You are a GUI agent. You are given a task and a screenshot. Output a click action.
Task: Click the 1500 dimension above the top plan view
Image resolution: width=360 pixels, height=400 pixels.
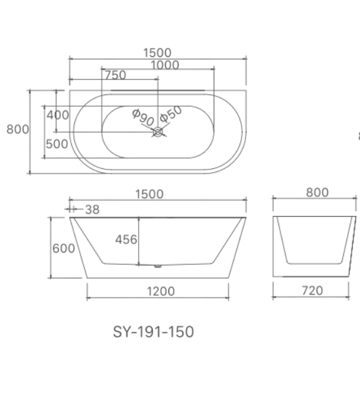tap(157, 52)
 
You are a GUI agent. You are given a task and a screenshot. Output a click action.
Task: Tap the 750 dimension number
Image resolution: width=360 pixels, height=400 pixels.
tap(115, 75)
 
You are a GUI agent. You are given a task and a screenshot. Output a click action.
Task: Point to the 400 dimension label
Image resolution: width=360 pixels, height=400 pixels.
tap(58, 115)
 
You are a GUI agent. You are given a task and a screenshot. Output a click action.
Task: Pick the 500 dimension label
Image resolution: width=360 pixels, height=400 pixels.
tap(57, 144)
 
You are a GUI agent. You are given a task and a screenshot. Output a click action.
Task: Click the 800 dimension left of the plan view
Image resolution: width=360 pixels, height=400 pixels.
tap(17, 129)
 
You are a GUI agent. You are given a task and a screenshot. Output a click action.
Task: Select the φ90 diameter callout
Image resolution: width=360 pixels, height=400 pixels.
tap(142, 117)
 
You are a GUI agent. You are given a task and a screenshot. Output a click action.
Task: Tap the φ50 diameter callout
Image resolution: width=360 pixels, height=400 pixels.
tap(171, 113)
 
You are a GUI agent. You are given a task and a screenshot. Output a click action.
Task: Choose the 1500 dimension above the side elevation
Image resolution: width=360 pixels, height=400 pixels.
tap(150, 194)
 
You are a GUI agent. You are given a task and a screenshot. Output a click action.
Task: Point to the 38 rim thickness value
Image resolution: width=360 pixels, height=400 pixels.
tap(92, 210)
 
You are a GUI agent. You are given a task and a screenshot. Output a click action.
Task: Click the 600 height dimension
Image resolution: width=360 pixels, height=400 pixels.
tap(63, 249)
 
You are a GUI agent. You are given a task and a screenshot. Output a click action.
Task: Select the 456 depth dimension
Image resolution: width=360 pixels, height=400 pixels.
tap(126, 239)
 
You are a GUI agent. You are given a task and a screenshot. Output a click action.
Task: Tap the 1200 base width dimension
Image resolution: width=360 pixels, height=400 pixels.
tap(160, 291)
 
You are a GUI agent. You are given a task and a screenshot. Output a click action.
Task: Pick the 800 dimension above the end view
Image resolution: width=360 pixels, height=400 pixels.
tap(317, 192)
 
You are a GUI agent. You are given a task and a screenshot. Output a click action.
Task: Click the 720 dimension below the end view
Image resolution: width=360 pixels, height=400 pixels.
tap(313, 291)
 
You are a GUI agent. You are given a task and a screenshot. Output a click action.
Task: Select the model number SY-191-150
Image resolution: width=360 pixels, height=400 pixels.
tap(153, 332)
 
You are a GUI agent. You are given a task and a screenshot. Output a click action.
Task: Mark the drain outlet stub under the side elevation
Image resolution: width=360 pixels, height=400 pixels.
tap(157, 265)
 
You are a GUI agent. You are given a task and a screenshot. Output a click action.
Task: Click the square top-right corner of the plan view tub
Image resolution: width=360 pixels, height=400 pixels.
tap(245, 93)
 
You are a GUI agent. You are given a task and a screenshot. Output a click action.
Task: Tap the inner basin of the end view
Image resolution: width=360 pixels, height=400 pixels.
tap(313, 239)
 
